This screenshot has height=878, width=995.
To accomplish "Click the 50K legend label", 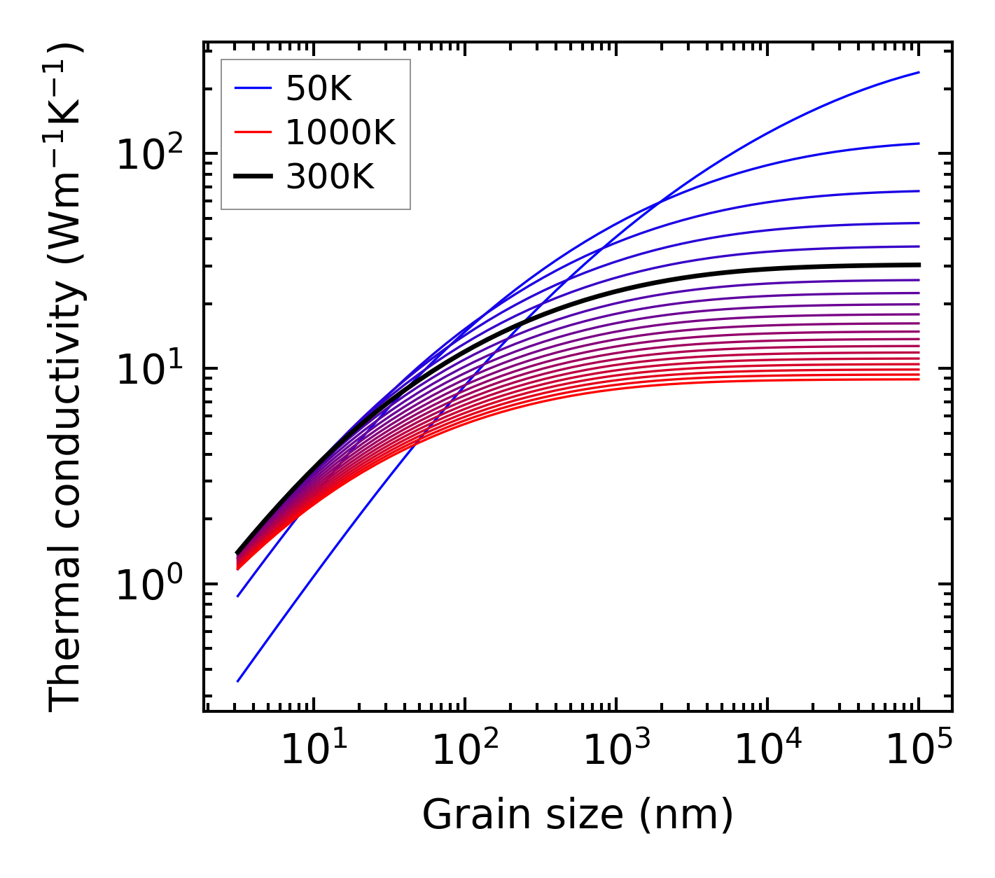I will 319,88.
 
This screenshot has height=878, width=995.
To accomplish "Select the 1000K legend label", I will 340,133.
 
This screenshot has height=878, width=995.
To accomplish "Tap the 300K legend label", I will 330,178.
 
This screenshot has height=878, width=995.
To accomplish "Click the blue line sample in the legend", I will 252,88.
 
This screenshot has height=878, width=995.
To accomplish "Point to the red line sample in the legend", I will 252,133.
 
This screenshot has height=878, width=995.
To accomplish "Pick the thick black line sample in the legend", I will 252,178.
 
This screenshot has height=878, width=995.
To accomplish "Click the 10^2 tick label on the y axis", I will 148,153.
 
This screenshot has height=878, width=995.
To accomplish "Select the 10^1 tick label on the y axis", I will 148,368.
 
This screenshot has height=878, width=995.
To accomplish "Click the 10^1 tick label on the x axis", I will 313,751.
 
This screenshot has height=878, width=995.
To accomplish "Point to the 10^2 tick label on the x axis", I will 464,751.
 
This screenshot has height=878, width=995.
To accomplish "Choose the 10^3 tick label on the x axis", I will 616,751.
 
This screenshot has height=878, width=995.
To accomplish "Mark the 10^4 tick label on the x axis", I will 767,751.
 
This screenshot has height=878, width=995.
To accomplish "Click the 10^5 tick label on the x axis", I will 919,751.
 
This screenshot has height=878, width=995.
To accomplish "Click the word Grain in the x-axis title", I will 466,814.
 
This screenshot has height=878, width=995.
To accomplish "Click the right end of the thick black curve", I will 919,265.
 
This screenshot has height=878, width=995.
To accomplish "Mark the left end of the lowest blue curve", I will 238,681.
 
